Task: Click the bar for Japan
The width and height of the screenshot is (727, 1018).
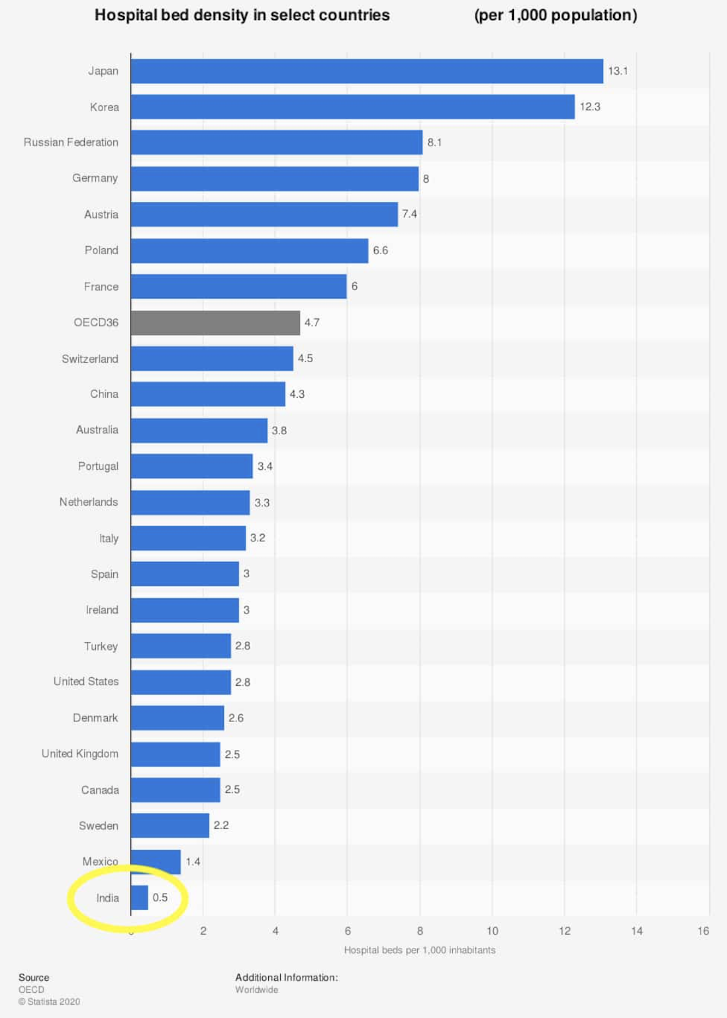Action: pyautogui.click(x=367, y=71)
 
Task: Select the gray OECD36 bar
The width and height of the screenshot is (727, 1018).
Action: pyautogui.click(x=215, y=323)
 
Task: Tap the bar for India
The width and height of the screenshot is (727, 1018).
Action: pyautogui.click(x=139, y=898)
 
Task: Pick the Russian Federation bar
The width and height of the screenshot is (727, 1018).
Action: pyautogui.click(x=276, y=142)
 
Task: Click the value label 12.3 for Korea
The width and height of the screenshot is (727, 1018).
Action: pyautogui.click(x=590, y=107)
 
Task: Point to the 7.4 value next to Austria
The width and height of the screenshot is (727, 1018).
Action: pyautogui.click(x=409, y=214)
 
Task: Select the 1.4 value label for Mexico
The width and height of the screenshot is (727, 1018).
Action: pyautogui.click(x=193, y=861)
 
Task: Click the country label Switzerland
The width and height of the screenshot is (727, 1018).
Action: pyautogui.click(x=90, y=359)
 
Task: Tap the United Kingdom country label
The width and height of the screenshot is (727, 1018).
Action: pyautogui.click(x=80, y=754)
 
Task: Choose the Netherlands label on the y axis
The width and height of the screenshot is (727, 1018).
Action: pyautogui.click(x=89, y=502)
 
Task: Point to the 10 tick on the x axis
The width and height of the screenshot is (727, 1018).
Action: pyautogui.click(x=492, y=931)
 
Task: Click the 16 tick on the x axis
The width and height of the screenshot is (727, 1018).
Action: pyautogui.click(x=703, y=931)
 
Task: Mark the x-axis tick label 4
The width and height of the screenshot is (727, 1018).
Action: pyautogui.click(x=275, y=931)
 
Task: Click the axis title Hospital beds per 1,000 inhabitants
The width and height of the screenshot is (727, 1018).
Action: pyautogui.click(x=419, y=950)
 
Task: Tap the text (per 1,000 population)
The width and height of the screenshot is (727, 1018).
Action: pyautogui.click(x=556, y=15)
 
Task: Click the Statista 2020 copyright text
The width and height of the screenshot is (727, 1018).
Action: pyautogui.click(x=49, y=1001)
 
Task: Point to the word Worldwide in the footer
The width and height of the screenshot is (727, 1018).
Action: pyautogui.click(x=256, y=990)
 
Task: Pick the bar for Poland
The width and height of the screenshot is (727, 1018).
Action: pyautogui.click(x=249, y=251)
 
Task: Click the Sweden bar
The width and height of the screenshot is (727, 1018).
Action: pyautogui.click(x=170, y=825)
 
